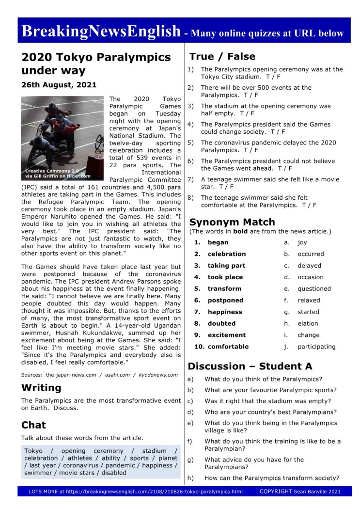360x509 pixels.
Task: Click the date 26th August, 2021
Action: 59,85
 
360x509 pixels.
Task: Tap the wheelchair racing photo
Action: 63,138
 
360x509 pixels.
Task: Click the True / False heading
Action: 222,56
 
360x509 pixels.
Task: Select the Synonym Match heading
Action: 232,222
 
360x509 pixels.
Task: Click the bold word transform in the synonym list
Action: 224,288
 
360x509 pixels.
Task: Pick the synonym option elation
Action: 308,323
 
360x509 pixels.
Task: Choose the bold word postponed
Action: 225,300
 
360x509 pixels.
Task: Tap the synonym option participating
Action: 316,347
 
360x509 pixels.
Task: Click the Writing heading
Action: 41,388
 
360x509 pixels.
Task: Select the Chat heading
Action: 33,425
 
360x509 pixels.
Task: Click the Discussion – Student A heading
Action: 250,366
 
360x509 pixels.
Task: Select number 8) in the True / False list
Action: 191,197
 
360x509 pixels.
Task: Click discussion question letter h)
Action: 190,478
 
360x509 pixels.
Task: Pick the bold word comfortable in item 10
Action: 228,347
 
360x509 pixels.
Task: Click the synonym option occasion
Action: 310,277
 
